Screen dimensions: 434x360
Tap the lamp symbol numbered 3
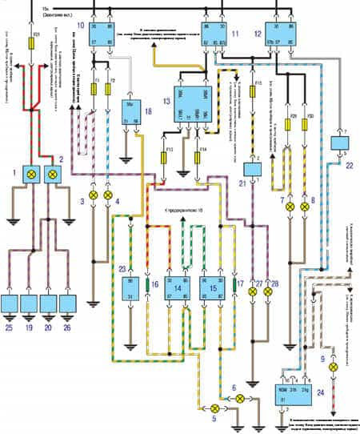(93, 195)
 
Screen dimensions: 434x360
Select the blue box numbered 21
(255, 171)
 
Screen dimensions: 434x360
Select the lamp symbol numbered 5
(214, 408)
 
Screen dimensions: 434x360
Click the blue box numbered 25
(11, 304)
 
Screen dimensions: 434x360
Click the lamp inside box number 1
(34, 172)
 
